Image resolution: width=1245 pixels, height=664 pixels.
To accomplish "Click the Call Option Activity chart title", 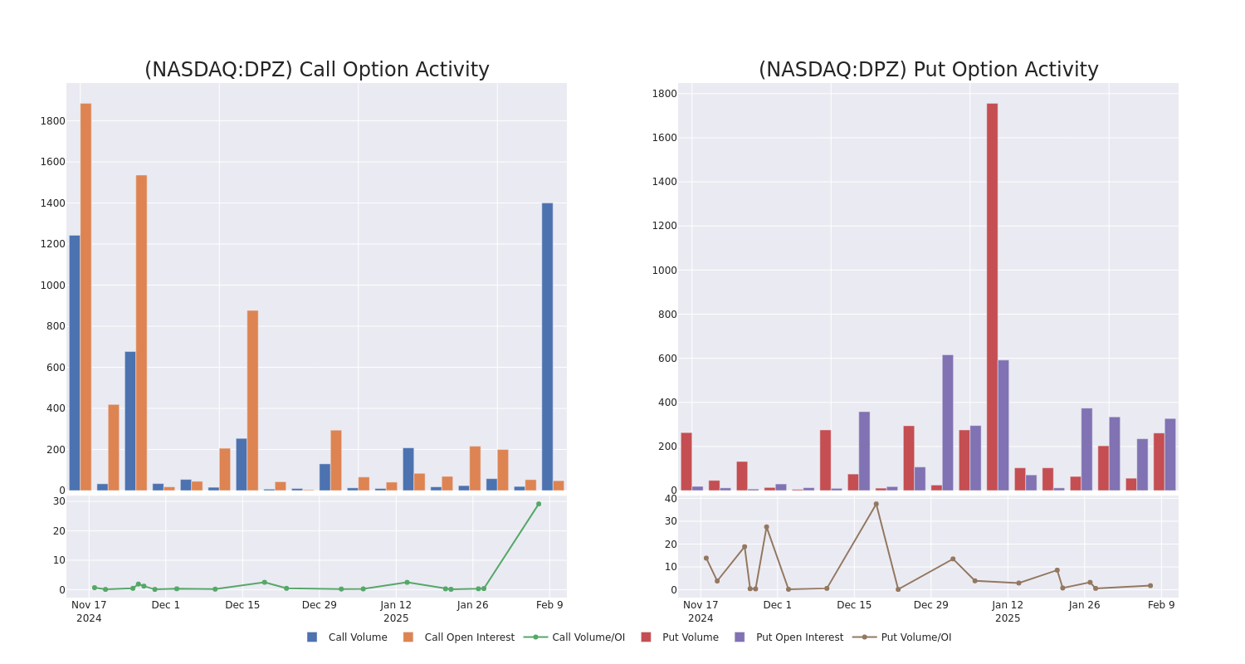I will point(316,71).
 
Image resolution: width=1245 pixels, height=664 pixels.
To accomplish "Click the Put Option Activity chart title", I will point(928,71).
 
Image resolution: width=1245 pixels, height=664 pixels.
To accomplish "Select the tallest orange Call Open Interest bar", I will point(85,296).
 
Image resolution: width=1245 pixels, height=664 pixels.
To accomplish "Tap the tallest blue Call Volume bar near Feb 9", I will point(547,346).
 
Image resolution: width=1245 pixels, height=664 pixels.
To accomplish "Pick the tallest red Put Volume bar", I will point(992,296).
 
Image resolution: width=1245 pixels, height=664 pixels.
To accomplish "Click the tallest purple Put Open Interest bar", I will point(947,422).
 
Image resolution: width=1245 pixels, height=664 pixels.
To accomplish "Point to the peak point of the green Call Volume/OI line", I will point(538,504).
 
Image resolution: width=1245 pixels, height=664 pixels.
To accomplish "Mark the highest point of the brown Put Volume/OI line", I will point(876,504).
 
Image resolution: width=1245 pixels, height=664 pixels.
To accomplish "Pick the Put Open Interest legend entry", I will point(798,637).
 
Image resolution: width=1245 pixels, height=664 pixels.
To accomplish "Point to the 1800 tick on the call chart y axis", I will point(52,121).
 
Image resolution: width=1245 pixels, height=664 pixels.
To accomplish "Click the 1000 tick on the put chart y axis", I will point(664,270).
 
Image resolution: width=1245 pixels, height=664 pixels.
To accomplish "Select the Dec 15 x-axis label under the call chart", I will point(242,605).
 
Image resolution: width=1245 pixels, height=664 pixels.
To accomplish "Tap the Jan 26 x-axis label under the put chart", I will point(1084,605).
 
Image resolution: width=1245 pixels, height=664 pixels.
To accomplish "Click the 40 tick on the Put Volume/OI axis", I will point(671,499).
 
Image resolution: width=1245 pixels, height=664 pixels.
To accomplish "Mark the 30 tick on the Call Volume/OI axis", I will point(59,501).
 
